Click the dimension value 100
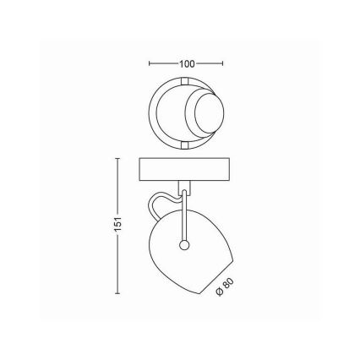[186, 63]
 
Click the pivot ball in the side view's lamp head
[183, 245]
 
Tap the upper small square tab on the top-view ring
[184, 80]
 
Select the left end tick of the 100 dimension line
[150, 63]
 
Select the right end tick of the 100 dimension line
[222, 63]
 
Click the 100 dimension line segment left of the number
[163, 63]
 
